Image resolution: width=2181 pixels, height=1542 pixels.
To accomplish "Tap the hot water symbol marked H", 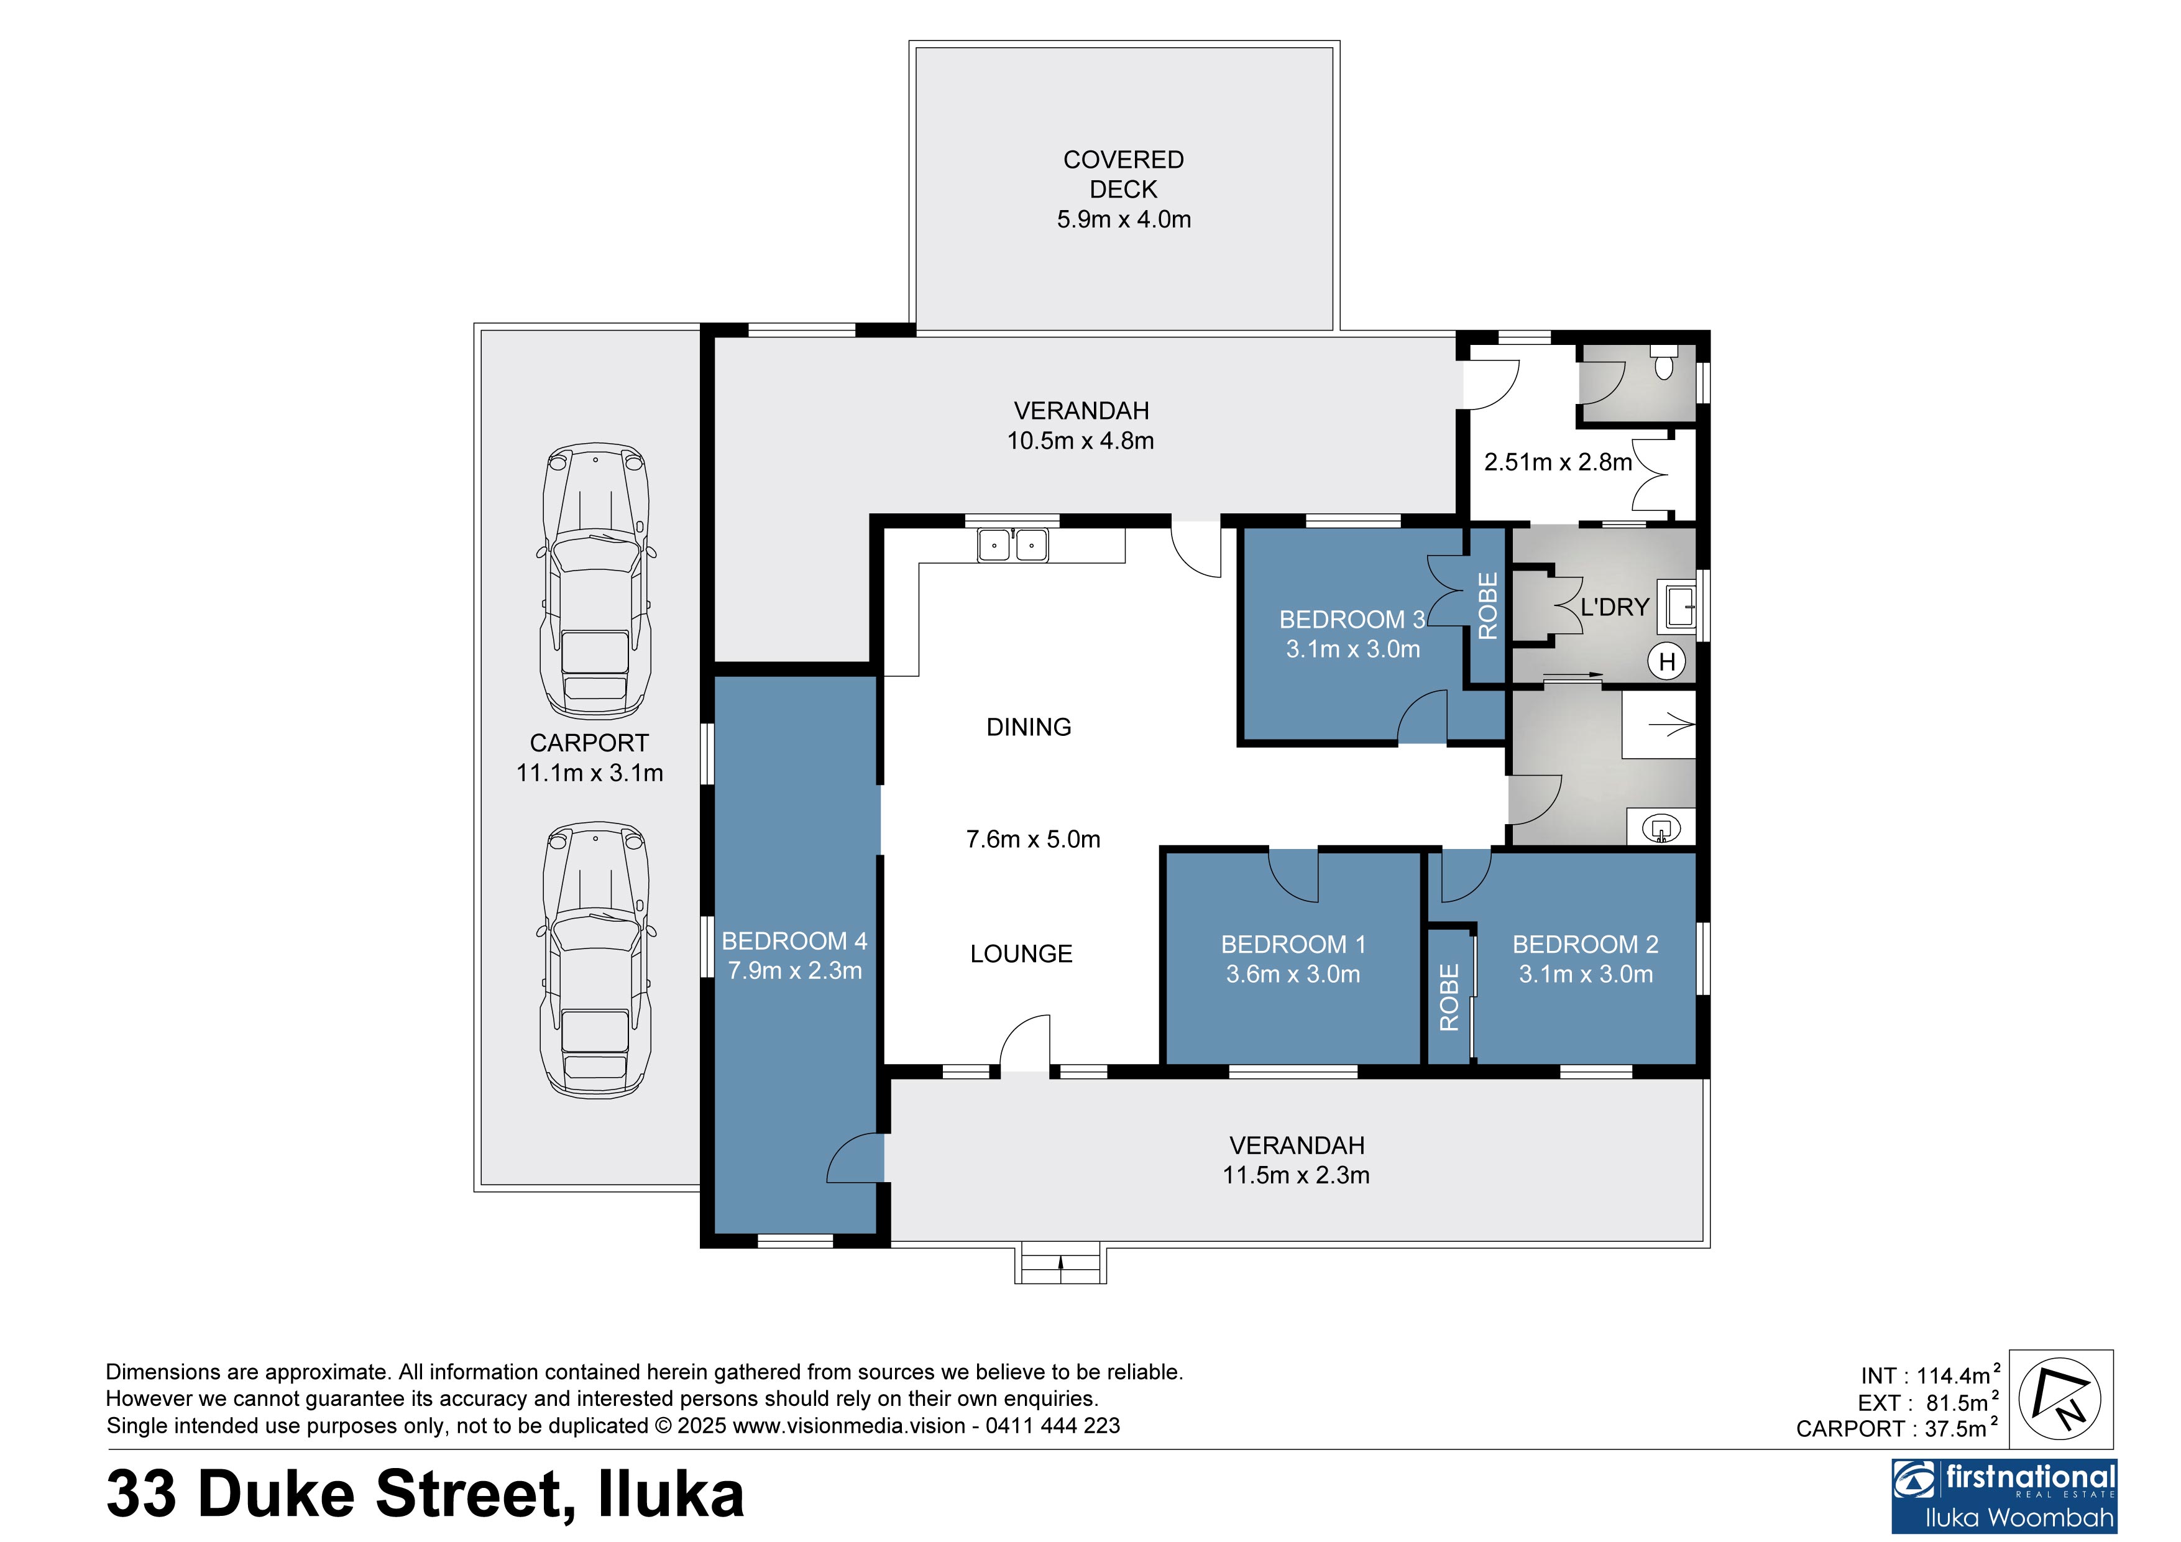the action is (x=1667, y=661).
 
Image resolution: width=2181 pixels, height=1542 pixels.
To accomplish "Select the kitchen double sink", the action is (x=1012, y=545).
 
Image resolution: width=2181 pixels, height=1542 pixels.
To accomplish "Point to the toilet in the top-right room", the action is (x=1663, y=363).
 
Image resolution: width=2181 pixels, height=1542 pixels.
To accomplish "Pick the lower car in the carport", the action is (x=595, y=960).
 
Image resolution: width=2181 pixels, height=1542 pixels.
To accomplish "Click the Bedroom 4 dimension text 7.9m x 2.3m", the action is (x=795, y=971).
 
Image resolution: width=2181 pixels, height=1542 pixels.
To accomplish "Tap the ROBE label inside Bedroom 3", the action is (x=1487, y=605).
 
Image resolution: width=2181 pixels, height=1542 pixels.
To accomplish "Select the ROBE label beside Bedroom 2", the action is (x=1449, y=998).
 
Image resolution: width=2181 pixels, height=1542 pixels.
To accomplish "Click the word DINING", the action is (x=1029, y=728).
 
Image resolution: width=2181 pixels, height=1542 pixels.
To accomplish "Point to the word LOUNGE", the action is (x=1021, y=954).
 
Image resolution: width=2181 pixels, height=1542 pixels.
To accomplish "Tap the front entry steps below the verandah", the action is (x=1060, y=1264).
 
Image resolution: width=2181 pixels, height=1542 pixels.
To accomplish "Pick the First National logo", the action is (x=2004, y=1497).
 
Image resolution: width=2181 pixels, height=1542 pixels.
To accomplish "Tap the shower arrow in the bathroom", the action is (x=1672, y=726).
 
